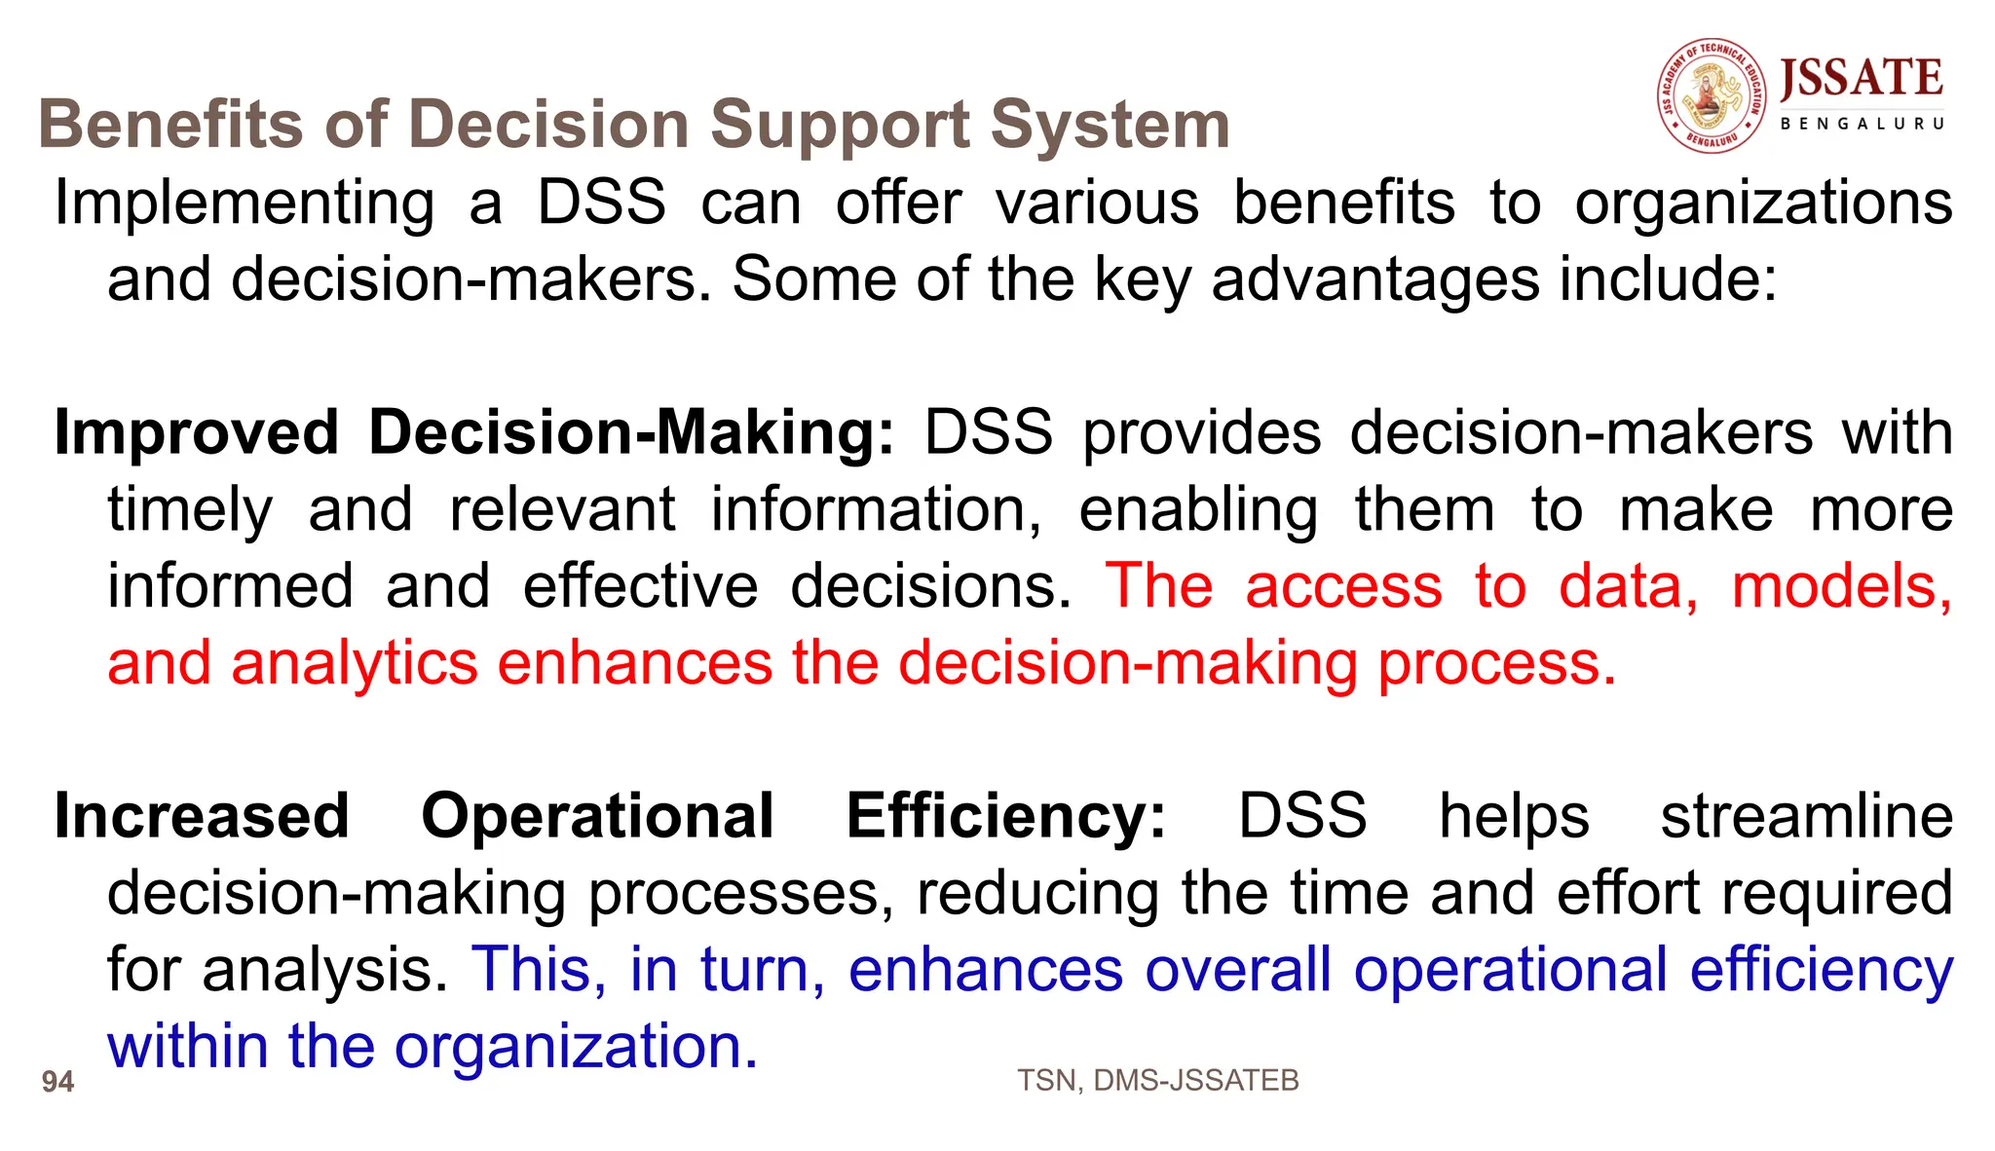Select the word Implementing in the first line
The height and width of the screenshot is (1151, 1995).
coord(245,204)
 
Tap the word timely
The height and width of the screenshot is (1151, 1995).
coord(190,510)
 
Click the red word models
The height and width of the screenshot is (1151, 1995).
coord(1841,586)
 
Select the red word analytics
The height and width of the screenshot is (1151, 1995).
coord(355,664)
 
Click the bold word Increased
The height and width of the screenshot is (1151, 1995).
coord(202,816)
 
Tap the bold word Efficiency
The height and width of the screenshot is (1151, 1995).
coord(1005,816)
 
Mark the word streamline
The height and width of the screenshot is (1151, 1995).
coord(1806,816)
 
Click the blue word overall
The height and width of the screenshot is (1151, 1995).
coord(1237,970)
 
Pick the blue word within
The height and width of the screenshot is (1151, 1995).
coord(187,1047)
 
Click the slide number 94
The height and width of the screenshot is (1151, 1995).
coord(58,1082)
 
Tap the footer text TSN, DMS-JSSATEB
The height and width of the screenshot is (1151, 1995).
coord(1157,1081)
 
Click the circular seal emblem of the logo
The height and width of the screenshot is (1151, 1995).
coord(1712,95)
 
